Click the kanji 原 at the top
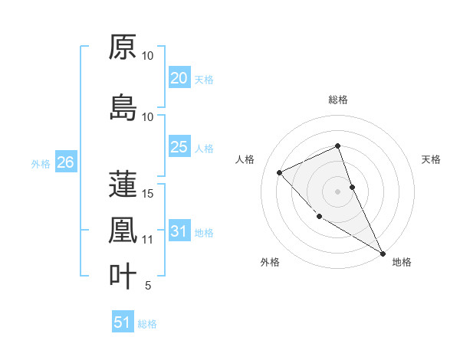click(123, 47)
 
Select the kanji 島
click(123, 108)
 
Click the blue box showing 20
click(179, 78)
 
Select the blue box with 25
click(179, 147)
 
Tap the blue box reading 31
click(179, 231)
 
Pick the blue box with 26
click(65, 162)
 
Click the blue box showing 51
click(123, 322)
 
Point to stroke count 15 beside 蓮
click(148, 193)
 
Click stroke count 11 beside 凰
click(148, 239)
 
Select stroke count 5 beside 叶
click(148, 286)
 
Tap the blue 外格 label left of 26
click(41, 163)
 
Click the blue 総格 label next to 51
click(147, 324)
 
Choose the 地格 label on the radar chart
click(402, 262)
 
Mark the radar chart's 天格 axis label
click(432, 159)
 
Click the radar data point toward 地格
click(383, 253)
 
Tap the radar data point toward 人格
click(280, 172)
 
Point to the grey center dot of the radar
click(337, 191)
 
